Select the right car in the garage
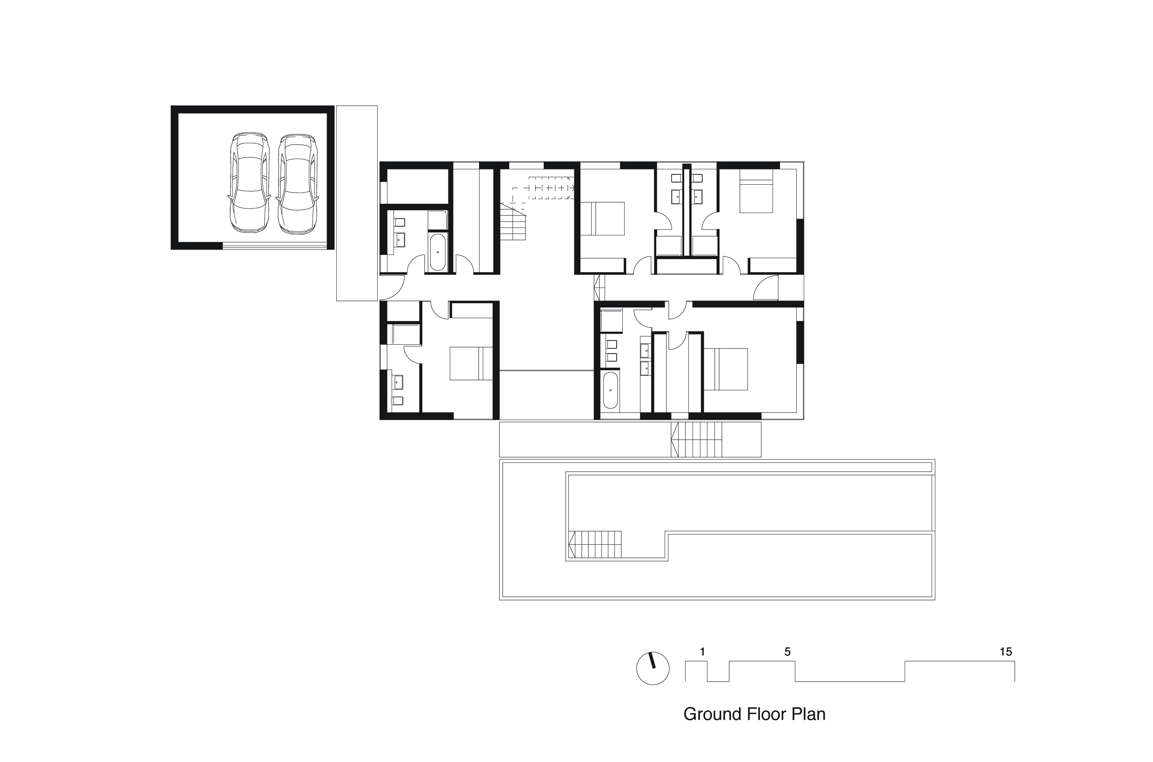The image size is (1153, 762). point(297,184)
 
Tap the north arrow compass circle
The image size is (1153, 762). point(653,668)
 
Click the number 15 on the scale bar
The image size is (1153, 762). point(1006,652)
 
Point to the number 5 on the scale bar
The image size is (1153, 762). point(787,652)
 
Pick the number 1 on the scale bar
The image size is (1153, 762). point(702,652)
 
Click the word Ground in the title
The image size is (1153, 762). point(712,714)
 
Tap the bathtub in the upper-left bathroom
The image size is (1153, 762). point(437,252)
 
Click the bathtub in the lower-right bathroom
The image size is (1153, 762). point(610,390)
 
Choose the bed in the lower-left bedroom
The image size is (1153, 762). point(471,363)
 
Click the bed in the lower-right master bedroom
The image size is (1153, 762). point(725,369)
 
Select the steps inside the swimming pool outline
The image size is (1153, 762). point(595,544)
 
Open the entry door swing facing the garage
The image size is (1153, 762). point(392,287)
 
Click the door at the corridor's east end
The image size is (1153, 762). point(765,287)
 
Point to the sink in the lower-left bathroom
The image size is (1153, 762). point(398,382)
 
